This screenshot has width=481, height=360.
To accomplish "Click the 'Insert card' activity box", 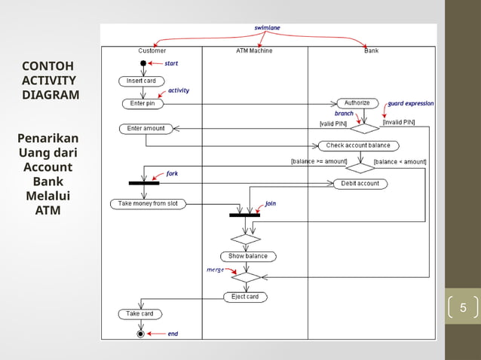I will [141, 81].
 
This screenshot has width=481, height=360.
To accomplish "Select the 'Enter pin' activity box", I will [142, 103].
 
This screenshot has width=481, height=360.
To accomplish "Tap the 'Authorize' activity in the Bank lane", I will [357, 103].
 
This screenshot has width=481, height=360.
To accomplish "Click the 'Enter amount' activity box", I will [146, 129].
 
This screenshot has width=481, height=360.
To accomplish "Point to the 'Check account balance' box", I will [358, 145].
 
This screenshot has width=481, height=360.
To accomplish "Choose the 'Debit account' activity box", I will [360, 184].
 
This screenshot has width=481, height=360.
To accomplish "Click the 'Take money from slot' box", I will [148, 204].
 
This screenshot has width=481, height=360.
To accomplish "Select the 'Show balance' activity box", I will [248, 256].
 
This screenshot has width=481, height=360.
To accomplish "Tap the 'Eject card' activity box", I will [244, 297].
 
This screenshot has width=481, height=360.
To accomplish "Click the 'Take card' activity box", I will [140, 313].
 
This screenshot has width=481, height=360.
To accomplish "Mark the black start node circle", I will [142, 64].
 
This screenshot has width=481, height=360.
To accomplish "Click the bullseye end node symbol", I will [140, 333].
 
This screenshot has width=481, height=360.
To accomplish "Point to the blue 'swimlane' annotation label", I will [267, 28].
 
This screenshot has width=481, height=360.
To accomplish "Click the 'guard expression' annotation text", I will [410, 104].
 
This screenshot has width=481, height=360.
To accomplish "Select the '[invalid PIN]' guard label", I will [398, 122].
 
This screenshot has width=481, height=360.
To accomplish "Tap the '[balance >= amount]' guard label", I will [319, 161].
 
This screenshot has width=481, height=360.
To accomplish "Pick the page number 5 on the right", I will [463, 307].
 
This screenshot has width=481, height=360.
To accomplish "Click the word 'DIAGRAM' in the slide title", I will [51, 95].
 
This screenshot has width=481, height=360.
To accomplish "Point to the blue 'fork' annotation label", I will [172, 173].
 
